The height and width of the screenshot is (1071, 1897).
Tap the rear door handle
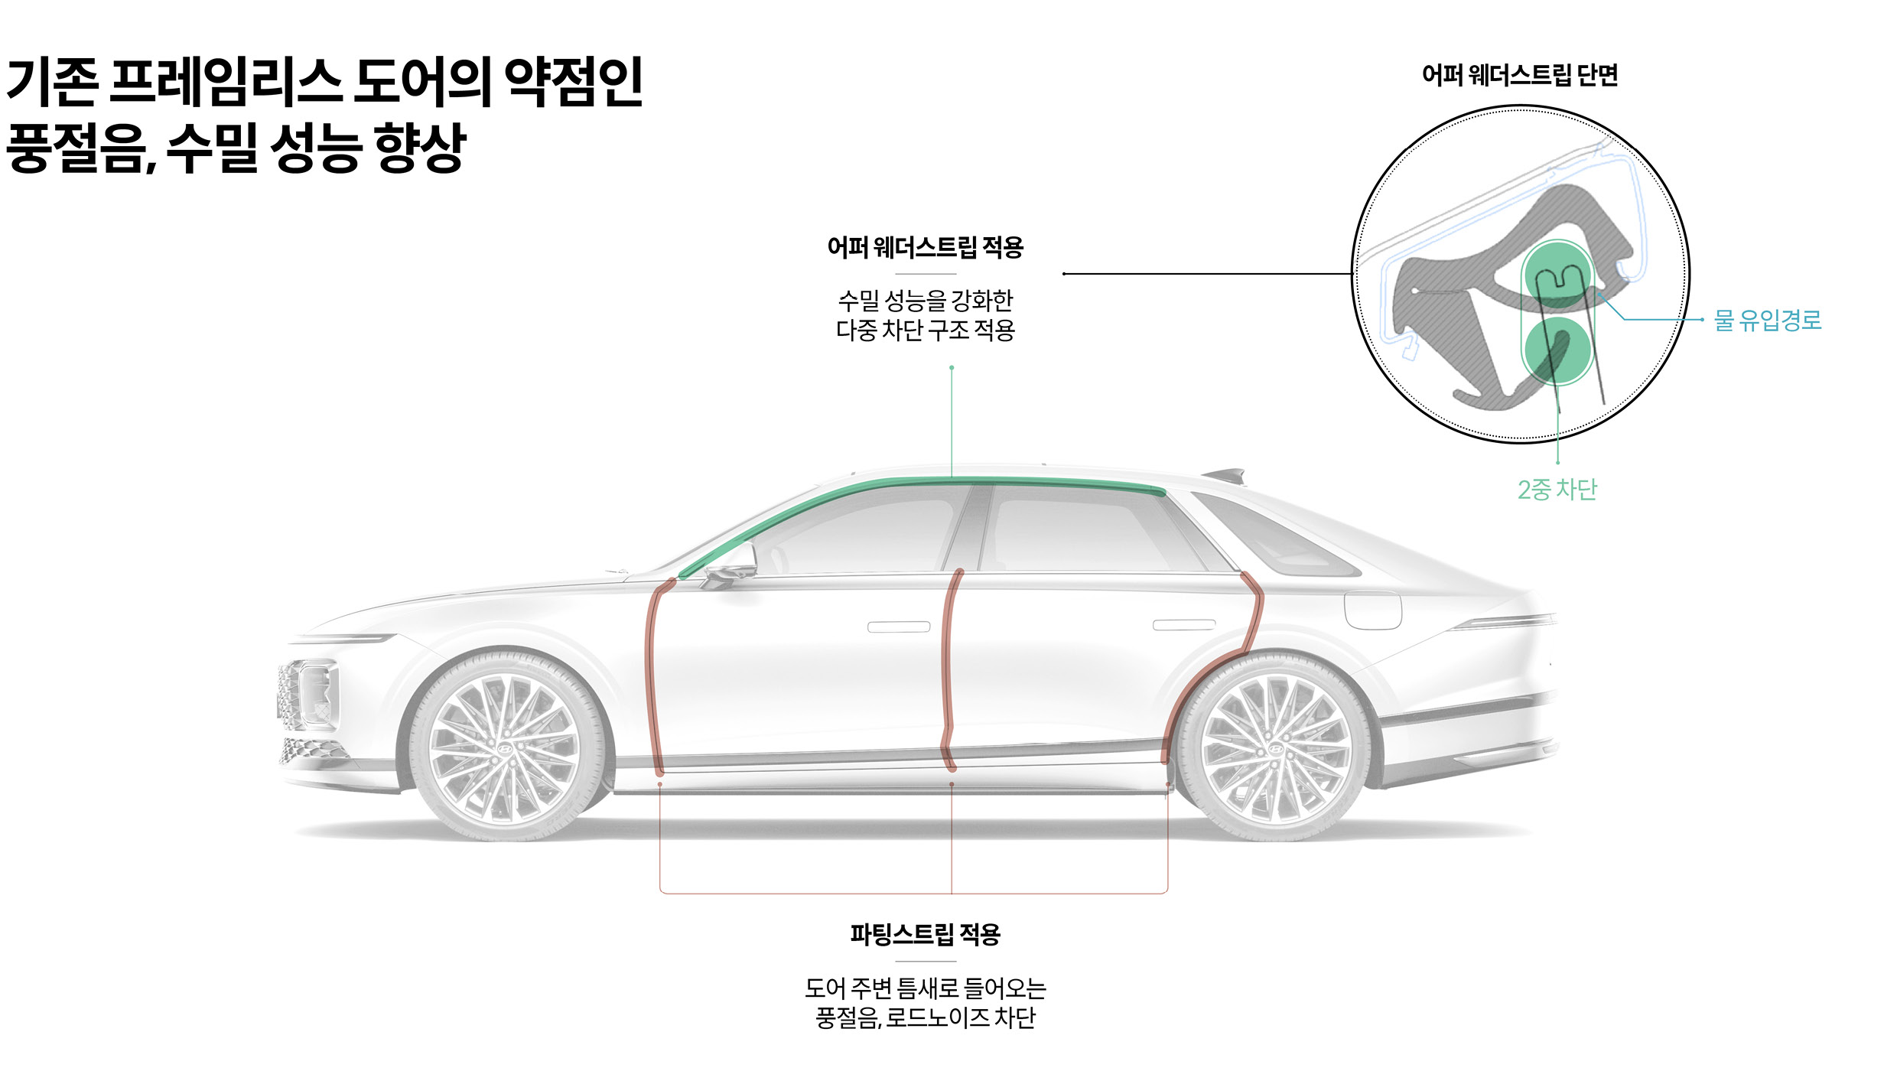click(x=1184, y=625)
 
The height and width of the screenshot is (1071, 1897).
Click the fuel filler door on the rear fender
click(x=1373, y=610)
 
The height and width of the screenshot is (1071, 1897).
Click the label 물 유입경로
click(x=1768, y=320)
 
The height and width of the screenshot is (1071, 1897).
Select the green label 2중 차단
click(x=1557, y=490)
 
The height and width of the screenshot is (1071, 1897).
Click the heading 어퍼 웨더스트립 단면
click(x=1520, y=75)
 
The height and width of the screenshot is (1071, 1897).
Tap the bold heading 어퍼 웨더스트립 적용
click(x=926, y=247)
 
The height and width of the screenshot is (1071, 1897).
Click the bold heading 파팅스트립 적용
click(x=926, y=934)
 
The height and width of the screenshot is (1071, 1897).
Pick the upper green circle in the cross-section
click(x=1557, y=275)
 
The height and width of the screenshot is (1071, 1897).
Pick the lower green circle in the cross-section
click(x=1557, y=350)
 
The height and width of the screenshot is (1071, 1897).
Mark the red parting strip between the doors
click(x=948, y=673)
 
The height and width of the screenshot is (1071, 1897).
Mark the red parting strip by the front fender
click(x=651, y=673)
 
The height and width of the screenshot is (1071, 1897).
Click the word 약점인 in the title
click(x=574, y=82)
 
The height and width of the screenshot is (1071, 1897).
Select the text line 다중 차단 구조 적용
click(x=926, y=330)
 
